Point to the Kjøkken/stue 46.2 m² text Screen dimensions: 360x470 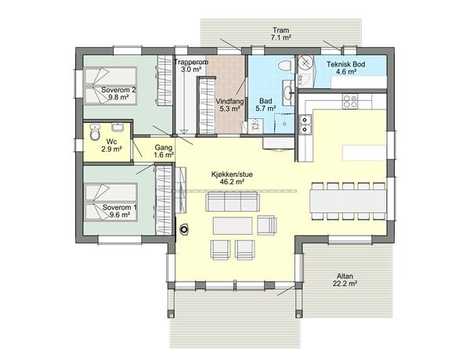pos(228,177)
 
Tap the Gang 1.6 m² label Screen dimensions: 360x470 pos(163,151)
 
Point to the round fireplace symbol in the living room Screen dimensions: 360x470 pos(185,230)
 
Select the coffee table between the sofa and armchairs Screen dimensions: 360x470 pos(233,226)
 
